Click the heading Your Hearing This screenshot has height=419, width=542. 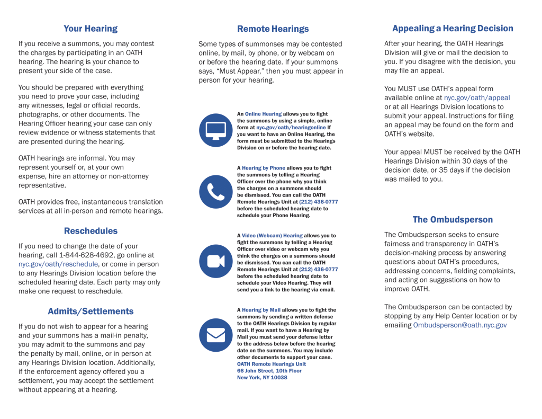[91, 29]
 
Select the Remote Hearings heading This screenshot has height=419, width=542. [273, 29]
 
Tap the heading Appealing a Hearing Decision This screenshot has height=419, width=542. [453, 29]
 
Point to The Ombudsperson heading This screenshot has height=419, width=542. [453, 220]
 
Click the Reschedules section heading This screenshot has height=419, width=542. [91, 231]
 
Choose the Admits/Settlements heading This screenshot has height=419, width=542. [91, 311]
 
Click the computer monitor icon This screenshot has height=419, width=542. [215, 130]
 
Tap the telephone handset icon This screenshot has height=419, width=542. [215, 192]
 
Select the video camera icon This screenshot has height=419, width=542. [215, 261]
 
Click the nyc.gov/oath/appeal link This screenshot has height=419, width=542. [477, 98]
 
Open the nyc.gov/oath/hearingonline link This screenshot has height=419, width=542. [291, 128]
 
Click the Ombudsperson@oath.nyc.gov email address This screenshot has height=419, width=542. [459, 325]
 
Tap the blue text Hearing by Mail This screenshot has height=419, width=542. [261, 310]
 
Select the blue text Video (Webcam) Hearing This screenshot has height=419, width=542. [272, 236]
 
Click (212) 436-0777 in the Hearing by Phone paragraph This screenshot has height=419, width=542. [318, 202]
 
